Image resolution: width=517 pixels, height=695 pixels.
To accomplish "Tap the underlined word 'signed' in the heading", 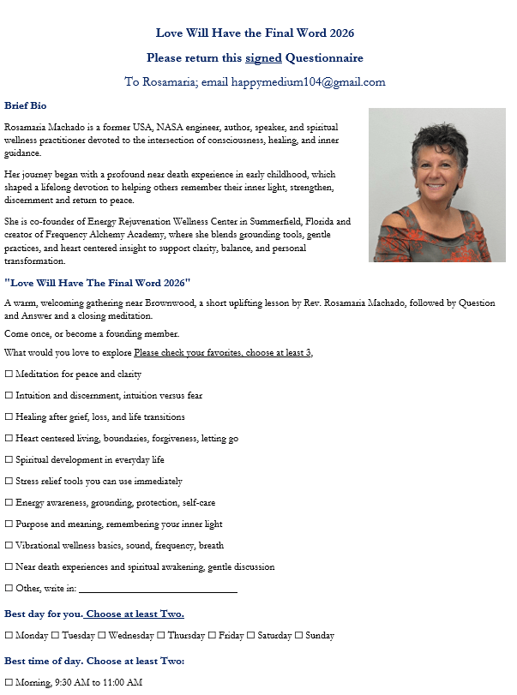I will coord(263,58).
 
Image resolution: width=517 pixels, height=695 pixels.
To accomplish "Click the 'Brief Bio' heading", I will coord(26,105).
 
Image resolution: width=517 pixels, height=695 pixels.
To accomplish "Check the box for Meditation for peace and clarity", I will coord(9,374).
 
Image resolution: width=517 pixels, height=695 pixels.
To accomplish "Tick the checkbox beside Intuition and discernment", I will coord(9,396).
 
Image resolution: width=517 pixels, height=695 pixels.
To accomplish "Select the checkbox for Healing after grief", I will coord(9,417).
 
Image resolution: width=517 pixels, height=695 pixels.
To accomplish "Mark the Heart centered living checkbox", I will coord(9,439).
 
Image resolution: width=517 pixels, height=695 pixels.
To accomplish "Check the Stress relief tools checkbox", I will coord(9,482).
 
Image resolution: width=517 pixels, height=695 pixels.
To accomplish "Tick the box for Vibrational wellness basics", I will coord(9,546).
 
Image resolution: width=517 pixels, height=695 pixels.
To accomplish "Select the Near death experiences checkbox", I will coord(9,567).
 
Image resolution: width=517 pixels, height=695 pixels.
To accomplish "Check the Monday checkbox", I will coord(9,636).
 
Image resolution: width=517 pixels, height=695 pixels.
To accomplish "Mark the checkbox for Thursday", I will coord(161,636).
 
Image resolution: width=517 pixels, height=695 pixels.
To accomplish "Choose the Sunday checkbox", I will coord(299,636).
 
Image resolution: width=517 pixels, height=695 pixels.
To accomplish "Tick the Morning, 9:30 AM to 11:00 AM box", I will coord(9,682).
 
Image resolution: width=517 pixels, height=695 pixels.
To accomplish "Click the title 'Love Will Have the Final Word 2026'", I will coord(255,33).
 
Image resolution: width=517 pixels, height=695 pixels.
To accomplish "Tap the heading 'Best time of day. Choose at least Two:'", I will coord(94,661).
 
